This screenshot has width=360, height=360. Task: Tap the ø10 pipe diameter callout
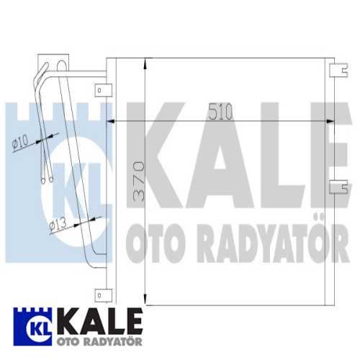point(20,142)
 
